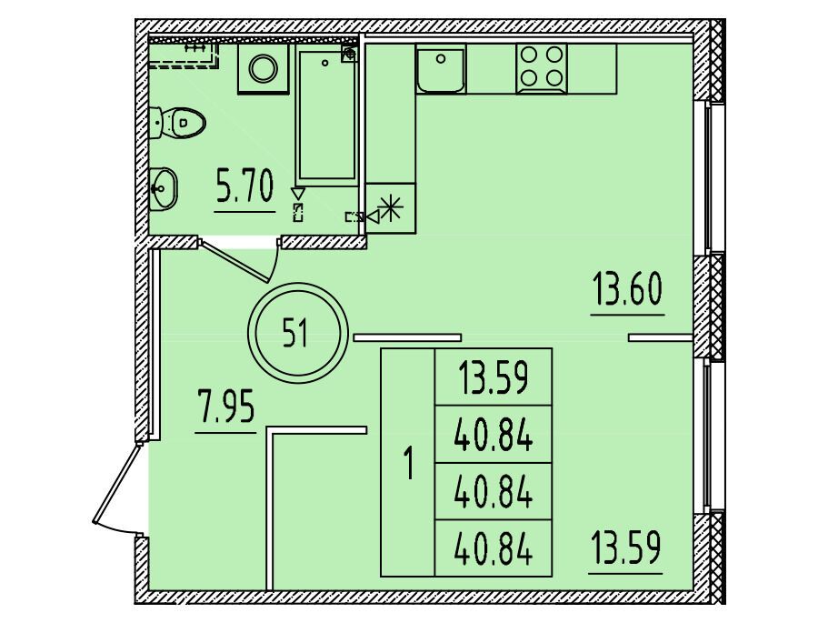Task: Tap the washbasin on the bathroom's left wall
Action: (164, 188)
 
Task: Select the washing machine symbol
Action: (264, 69)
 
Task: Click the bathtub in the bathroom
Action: (326, 115)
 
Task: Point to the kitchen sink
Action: (442, 69)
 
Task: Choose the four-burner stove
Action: (542, 69)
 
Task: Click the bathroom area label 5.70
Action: (244, 188)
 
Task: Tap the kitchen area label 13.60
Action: (627, 290)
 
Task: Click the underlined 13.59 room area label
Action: (626, 548)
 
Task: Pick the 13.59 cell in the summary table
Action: (493, 377)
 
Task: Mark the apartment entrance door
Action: (118, 488)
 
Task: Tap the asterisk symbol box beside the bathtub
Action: (391, 208)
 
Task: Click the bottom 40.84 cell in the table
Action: (493, 548)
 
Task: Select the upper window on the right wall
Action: (707, 177)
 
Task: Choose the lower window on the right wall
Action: (707, 436)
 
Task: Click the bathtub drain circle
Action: (325, 63)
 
